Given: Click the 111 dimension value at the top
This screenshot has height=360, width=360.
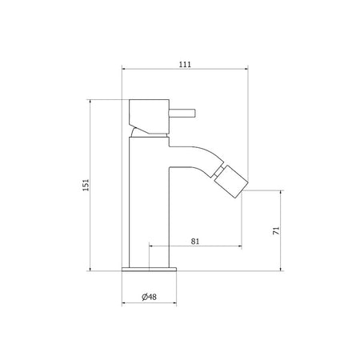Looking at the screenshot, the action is coord(185,64).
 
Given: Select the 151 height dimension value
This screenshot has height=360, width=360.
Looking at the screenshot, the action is coord(86,185).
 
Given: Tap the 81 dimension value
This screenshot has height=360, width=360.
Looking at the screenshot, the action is coord(195,242).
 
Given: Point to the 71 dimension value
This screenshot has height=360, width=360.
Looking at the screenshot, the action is coord(276,230).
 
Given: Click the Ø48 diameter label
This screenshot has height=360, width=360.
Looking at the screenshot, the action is coord(149,297).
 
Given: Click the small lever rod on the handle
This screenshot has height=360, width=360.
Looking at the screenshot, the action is coord(182,113).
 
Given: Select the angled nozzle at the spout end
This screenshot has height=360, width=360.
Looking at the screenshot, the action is coord(231,182).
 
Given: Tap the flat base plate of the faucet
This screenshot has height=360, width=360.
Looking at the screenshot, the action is coord(149,269).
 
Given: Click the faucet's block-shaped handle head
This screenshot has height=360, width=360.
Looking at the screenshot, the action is coord(149,116).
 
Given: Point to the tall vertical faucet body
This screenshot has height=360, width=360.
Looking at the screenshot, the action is coord(149,202).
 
